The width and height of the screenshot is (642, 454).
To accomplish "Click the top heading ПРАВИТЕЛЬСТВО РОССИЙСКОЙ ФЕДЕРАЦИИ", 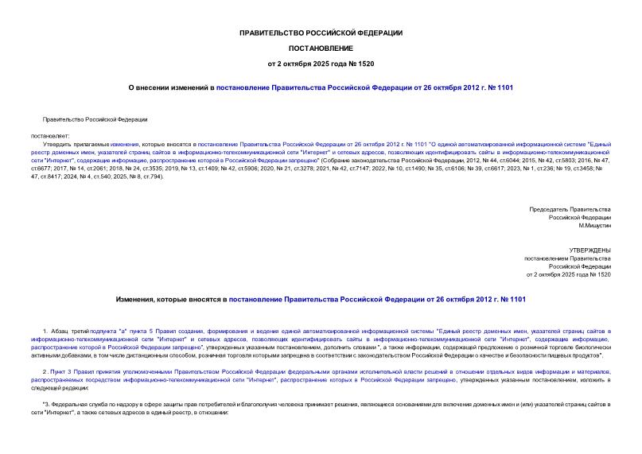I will pyautogui.click(x=321, y=33).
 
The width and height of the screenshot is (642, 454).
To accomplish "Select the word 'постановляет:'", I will pyautogui.click(x=50, y=135).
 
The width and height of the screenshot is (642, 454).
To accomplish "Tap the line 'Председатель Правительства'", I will pyautogui.click(x=570, y=208).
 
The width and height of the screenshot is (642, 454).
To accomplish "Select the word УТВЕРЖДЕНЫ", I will pyautogui.click(x=589, y=250).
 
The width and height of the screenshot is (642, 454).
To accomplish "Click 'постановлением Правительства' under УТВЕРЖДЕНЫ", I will pyautogui.click(x=567, y=258).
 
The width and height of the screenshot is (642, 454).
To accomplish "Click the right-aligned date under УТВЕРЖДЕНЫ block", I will pyautogui.click(x=569, y=274).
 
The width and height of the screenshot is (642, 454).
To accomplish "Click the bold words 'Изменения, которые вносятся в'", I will pyautogui.click(x=171, y=300).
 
